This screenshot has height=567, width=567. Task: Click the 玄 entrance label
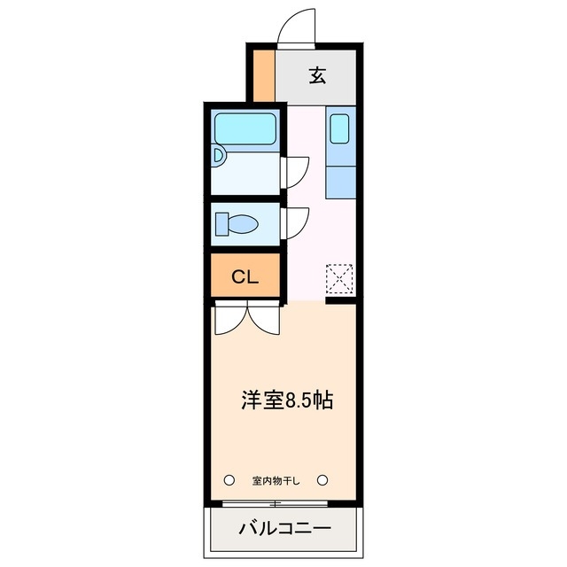317,75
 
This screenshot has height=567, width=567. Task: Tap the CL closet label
245,276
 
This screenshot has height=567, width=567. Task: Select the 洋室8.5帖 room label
287,400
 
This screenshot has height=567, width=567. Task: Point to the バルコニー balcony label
284,529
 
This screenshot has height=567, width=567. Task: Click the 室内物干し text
276,481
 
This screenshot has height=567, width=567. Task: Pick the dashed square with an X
340,279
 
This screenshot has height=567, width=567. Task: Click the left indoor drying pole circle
229,480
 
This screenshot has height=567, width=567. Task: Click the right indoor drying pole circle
323,480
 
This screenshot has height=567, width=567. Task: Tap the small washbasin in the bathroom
219,157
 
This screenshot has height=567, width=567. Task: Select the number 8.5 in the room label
297,400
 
